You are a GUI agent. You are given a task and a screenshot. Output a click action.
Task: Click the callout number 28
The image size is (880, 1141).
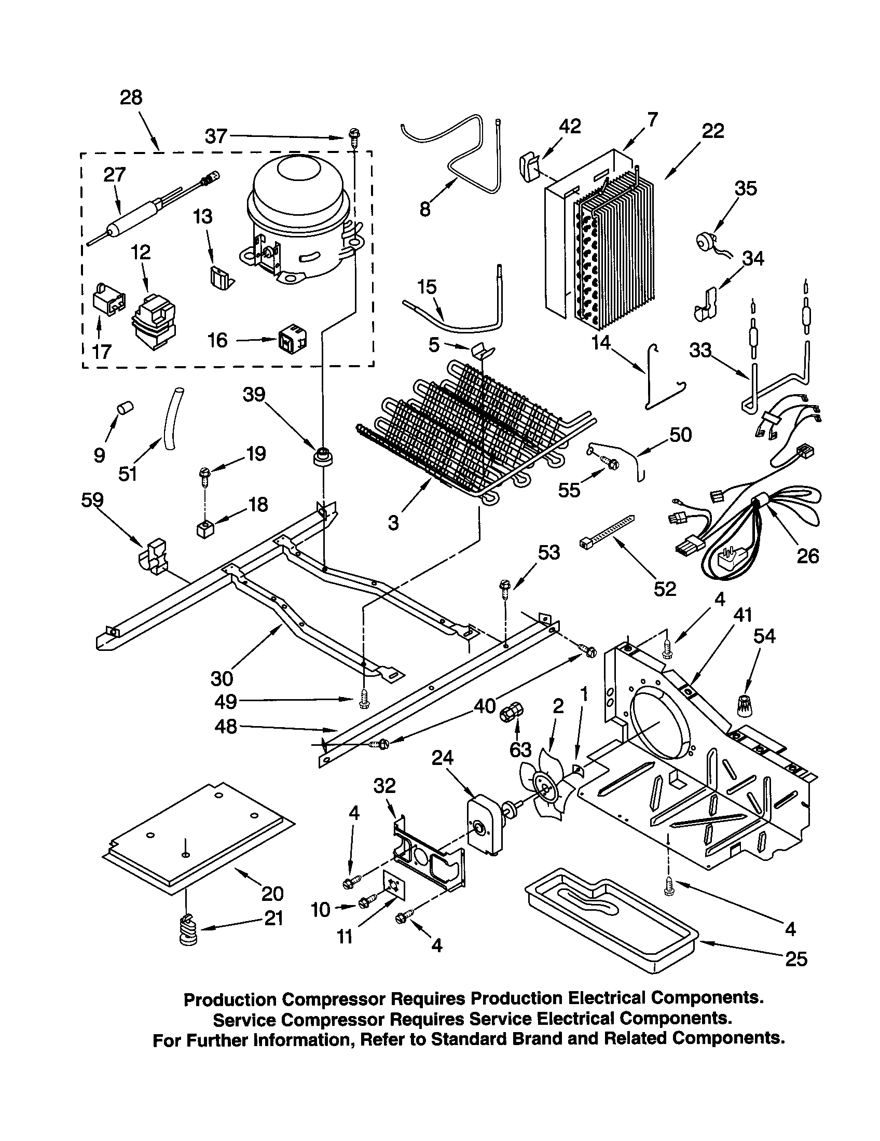(x=131, y=98)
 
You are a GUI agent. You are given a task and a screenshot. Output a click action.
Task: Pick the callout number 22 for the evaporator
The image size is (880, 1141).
(x=713, y=131)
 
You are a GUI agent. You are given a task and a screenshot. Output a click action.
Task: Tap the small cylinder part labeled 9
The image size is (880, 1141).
(x=125, y=408)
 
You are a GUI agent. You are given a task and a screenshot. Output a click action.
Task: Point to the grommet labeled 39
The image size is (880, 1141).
(x=324, y=456)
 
